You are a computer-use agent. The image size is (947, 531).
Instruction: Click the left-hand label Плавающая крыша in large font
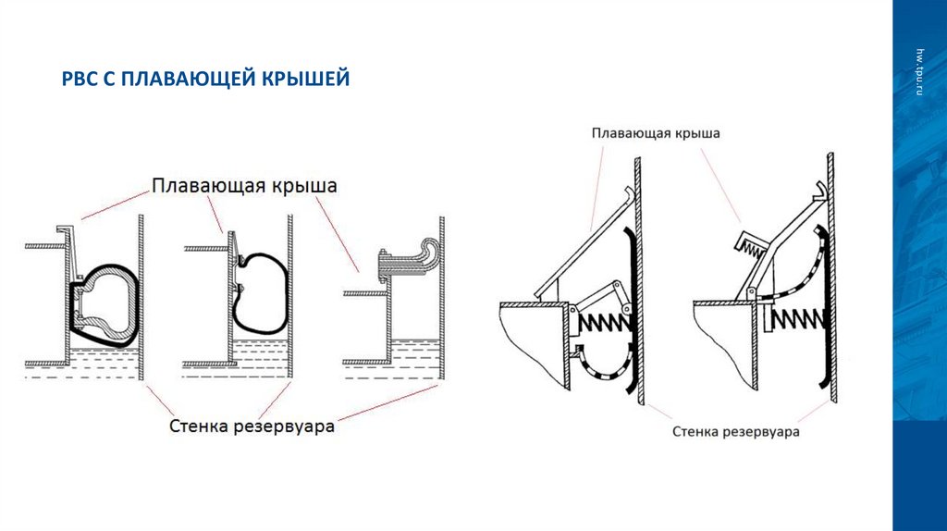click(244, 186)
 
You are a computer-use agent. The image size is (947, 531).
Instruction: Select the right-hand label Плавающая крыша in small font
click(656, 133)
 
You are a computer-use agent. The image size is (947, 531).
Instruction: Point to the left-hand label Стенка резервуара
click(252, 426)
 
